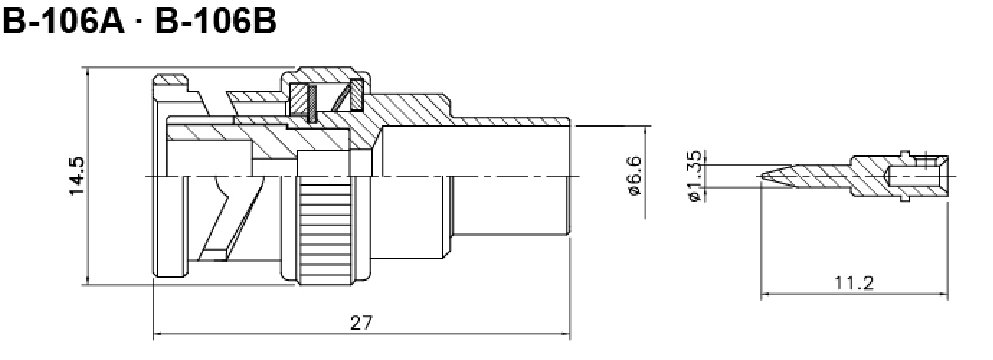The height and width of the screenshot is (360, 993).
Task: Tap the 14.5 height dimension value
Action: (77, 176)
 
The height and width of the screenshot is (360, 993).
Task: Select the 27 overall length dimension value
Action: (361, 323)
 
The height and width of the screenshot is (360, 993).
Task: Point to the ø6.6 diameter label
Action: (635, 176)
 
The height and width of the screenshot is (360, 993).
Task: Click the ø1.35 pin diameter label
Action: (694, 176)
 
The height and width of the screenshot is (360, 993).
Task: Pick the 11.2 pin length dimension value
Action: (854, 283)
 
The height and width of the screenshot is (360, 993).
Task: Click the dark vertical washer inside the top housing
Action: (312, 103)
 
